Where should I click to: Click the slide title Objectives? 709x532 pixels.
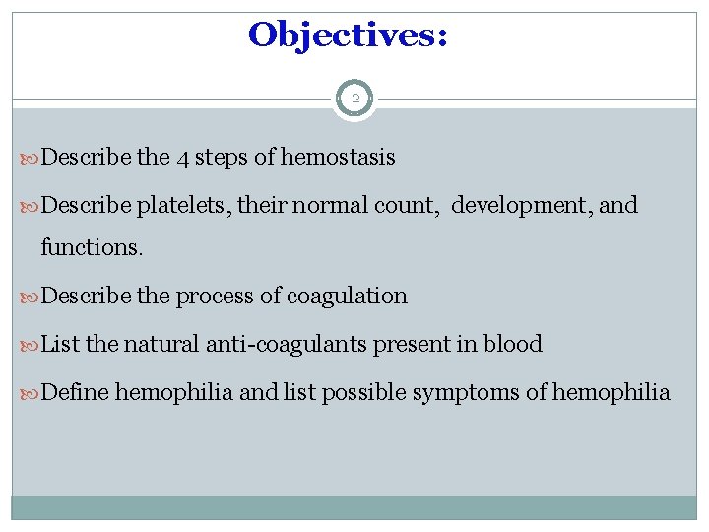tap(349, 35)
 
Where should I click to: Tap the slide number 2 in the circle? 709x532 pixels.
tap(354, 99)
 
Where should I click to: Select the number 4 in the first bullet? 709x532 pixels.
tap(184, 158)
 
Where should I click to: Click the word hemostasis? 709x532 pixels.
tap(338, 158)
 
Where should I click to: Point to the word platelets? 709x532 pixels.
tap(177, 206)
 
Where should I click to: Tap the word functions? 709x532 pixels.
tap(91, 247)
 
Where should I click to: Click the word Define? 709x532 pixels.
tap(77, 392)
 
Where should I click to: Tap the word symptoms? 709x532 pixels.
tap(466, 393)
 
